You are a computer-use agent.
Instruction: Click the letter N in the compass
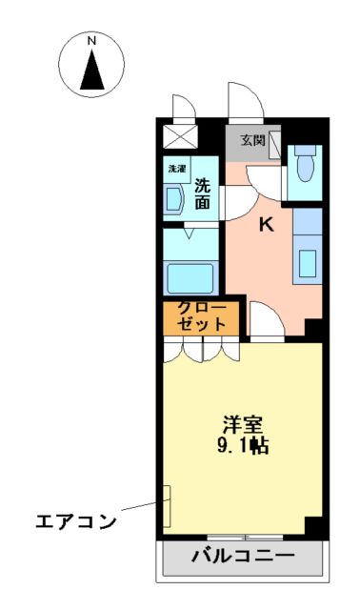92,42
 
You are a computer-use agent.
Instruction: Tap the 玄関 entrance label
252,140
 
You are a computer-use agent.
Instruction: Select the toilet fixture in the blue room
305,168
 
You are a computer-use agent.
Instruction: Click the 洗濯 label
177,169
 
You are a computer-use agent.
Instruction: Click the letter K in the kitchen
268,225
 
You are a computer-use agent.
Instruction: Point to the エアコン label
75,522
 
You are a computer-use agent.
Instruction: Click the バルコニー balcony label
242,555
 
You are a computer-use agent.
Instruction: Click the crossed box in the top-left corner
178,133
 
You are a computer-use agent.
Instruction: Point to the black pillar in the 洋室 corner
313,525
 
